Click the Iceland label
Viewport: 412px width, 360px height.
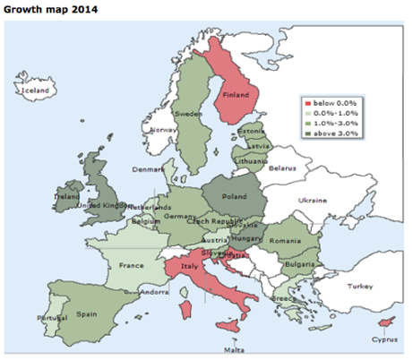click(x=36, y=90)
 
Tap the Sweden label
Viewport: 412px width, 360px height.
click(x=187, y=115)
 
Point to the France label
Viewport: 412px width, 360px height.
click(x=133, y=265)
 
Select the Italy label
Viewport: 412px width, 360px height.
click(x=188, y=265)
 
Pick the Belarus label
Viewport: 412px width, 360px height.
click(x=283, y=167)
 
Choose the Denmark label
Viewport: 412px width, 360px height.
click(x=148, y=169)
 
